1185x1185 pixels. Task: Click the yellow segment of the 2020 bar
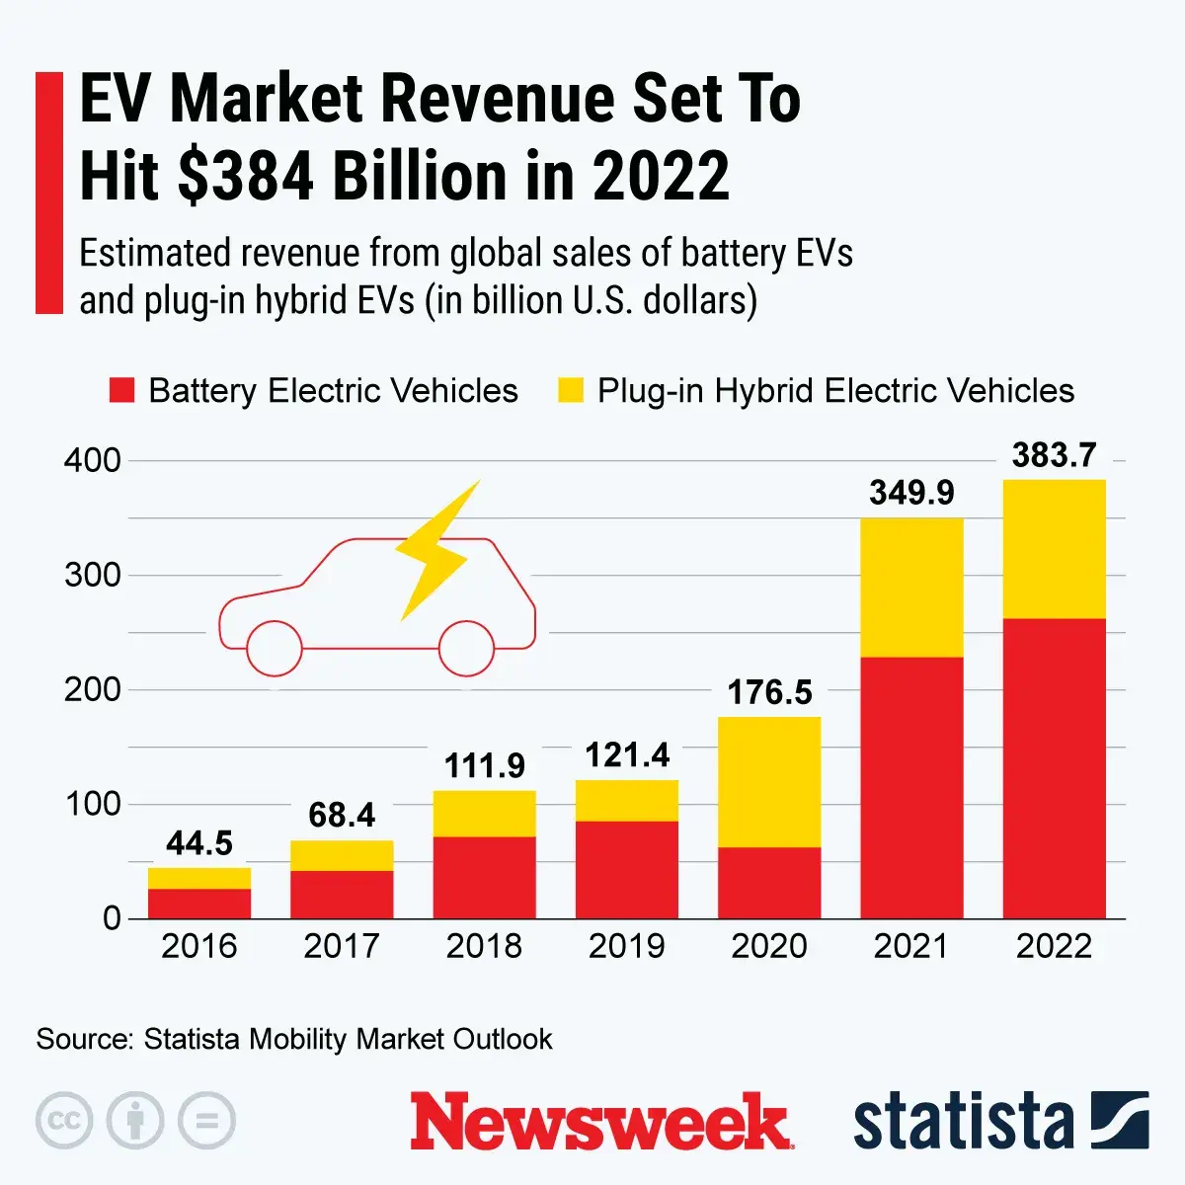tap(769, 781)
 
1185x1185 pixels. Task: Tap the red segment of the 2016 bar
tap(199, 904)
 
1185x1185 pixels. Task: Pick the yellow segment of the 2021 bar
tap(911, 587)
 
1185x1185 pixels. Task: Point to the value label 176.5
tap(769, 692)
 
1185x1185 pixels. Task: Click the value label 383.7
tap(1054, 455)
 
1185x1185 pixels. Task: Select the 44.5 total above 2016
tap(199, 843)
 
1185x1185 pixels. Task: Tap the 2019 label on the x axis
tap(626, 946)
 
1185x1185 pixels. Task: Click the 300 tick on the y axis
tap(92, 575)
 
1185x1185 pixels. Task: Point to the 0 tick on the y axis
tap(112, 918)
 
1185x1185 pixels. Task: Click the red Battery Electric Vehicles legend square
tap(121, 390)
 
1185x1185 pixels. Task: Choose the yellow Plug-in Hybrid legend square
tap(571, 390)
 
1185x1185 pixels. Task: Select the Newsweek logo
tap(601, 1122)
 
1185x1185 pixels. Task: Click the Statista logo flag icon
tap(1120, 1121)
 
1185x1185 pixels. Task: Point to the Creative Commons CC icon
tap(64, 1121)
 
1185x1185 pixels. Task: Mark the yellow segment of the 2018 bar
tap(484, 814)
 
